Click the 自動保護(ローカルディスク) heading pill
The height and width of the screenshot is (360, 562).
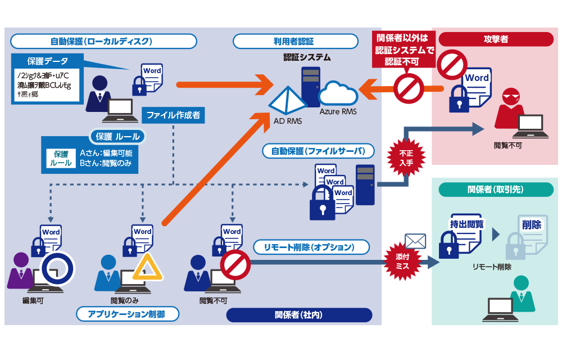104,41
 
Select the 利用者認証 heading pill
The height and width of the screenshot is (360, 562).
295,41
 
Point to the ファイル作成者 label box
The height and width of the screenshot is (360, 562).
173,116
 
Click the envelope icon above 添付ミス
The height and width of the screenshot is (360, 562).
415,241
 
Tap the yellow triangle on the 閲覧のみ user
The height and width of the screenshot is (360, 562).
147,268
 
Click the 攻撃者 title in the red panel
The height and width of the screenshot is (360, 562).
495,39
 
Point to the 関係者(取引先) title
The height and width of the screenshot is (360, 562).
495,190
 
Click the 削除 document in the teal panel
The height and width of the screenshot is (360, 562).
531,231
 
